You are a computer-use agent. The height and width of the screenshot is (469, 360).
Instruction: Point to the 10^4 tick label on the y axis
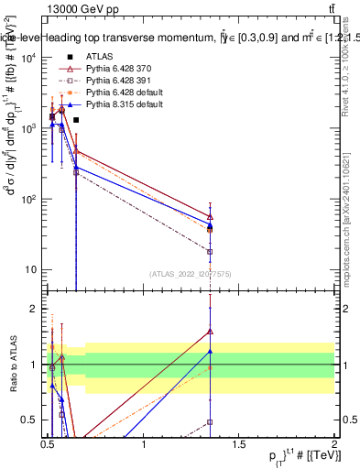(27, 58)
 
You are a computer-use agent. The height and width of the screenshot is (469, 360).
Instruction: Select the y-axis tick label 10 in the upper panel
(29, 269)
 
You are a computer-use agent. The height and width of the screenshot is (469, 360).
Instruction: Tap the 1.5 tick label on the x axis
(240, 446)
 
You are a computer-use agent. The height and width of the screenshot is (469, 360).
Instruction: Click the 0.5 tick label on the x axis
(49, 446)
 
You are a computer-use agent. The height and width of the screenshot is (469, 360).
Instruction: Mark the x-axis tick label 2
(335, 446)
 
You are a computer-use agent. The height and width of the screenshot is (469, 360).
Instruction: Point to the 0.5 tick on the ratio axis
(30, 420)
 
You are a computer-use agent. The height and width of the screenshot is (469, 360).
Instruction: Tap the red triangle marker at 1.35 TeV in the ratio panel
(211, 332)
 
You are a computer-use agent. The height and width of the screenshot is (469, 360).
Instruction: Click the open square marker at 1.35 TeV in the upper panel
(211, 251)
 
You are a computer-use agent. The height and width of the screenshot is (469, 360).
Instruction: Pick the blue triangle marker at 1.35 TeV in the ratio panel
(211, 351)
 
